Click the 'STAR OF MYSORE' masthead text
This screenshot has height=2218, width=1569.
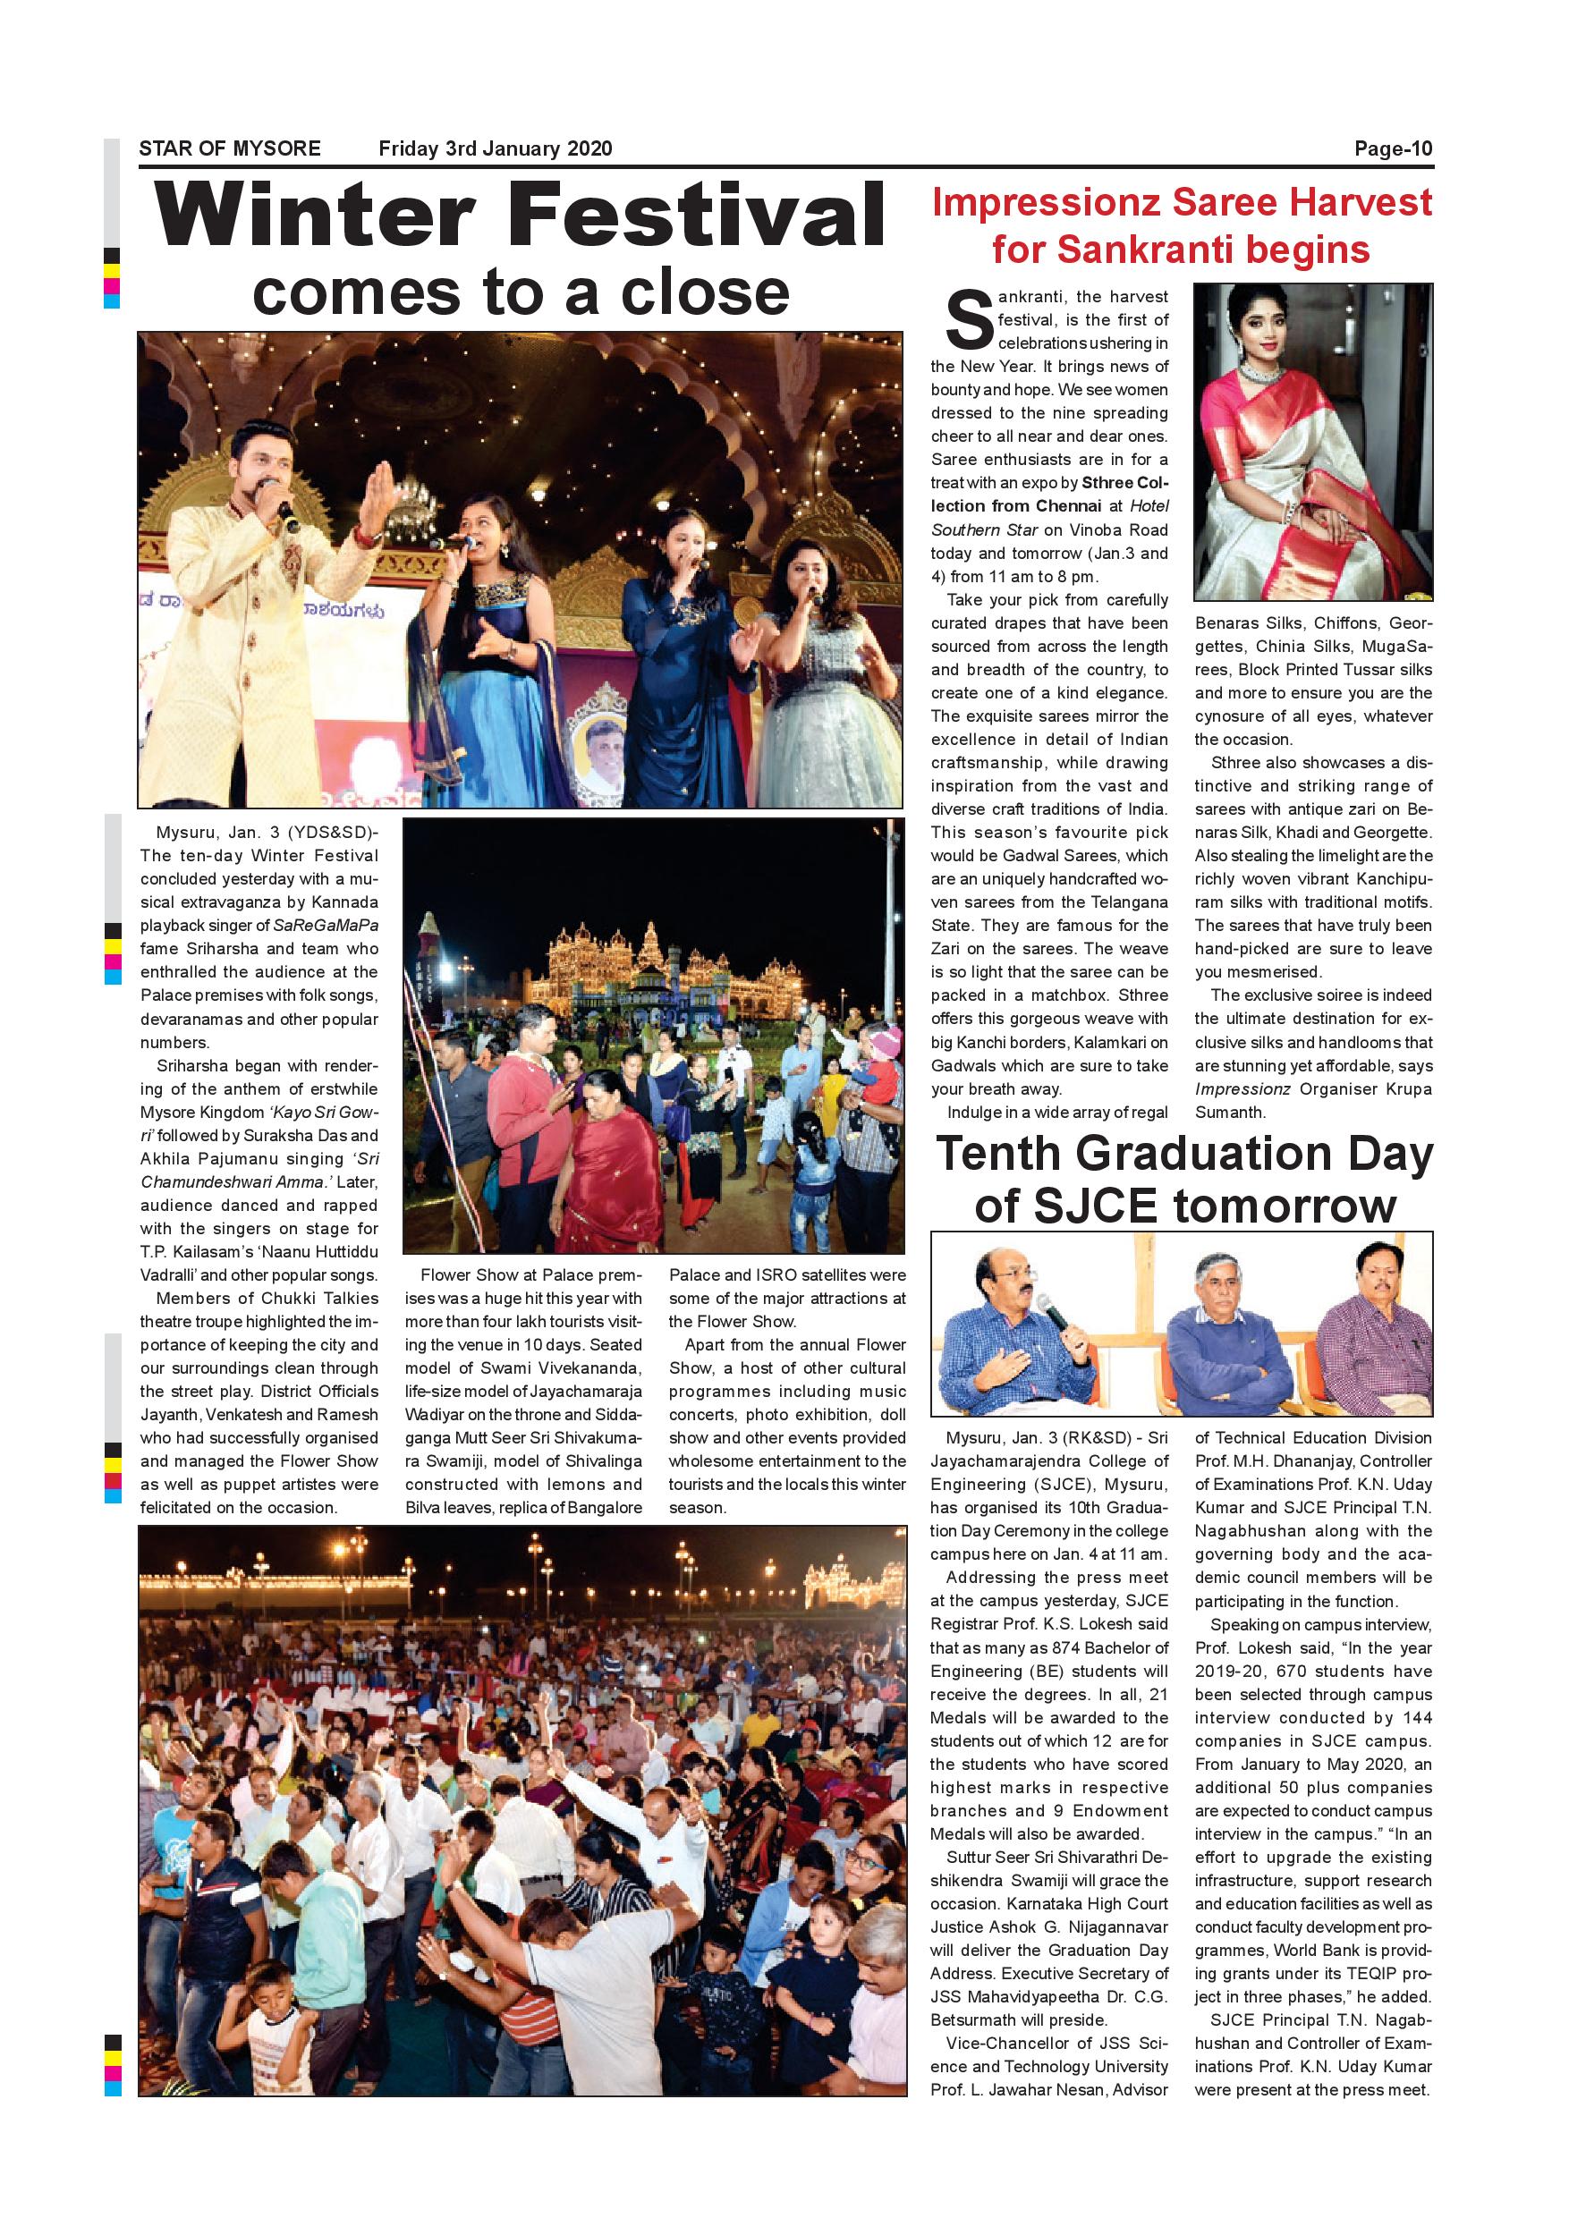(230, 148)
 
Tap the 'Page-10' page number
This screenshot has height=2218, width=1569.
(1393, 148)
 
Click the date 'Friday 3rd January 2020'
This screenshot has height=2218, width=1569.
(496, 148)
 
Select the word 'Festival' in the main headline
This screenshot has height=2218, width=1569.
(707, 216)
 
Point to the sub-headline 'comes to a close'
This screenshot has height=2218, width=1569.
(521, 292)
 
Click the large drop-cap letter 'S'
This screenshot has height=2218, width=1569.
(969, 322)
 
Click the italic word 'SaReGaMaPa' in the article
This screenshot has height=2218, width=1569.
(327, 926)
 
